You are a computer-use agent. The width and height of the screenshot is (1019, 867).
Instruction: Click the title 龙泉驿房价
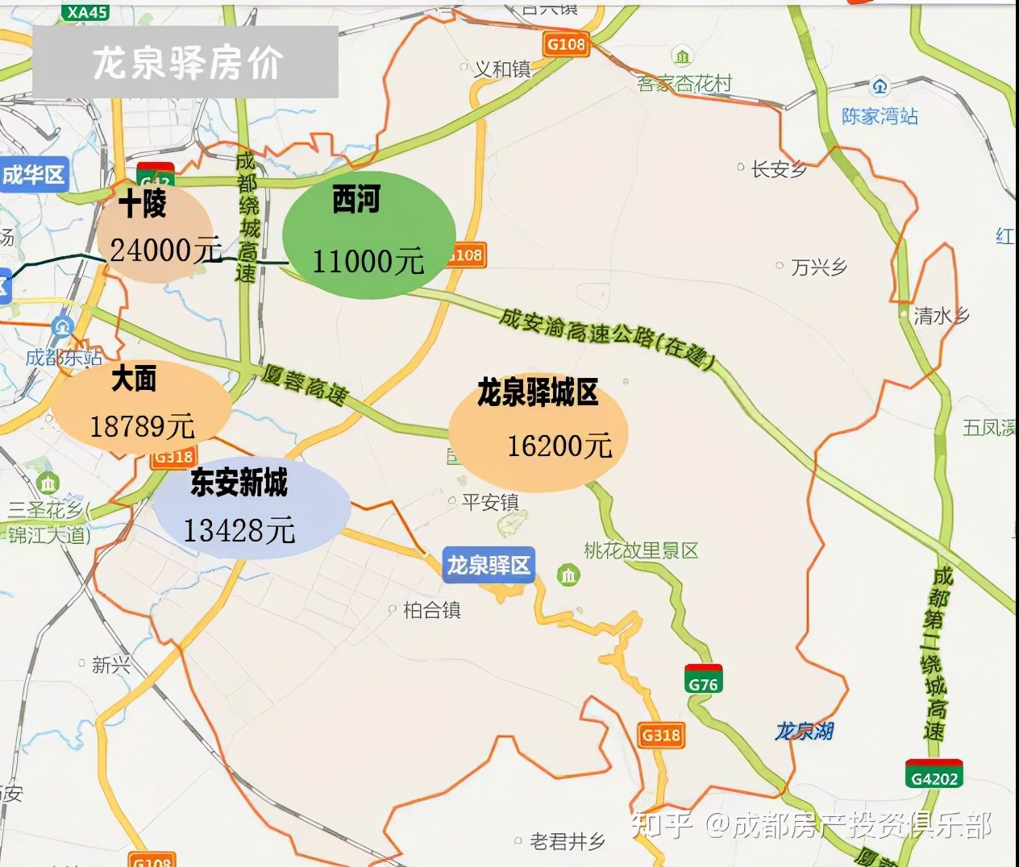coord(187,63)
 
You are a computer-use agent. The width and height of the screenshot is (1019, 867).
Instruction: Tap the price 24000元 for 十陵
coord(166,251)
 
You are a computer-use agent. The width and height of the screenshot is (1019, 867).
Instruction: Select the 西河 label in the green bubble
coord(356,200)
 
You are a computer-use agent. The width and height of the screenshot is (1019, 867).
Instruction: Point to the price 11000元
coord(368,261)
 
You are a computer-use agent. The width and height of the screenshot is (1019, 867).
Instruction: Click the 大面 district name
coord(134,378)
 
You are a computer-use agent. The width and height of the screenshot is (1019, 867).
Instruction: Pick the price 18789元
coord(142,425)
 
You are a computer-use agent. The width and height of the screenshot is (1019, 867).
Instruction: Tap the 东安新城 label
coord(239,483)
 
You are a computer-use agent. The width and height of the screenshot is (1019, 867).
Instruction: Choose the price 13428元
coord(239,530)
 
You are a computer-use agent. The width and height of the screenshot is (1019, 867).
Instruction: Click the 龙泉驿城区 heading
coord(538,393)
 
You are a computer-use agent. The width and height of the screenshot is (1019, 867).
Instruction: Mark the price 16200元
coord(559,445)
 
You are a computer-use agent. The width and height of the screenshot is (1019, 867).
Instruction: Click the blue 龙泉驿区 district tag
coord(489,565)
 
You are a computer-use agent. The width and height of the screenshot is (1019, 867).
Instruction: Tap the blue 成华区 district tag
coord(33,174)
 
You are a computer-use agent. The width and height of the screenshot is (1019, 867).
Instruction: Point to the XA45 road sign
coord(87,11)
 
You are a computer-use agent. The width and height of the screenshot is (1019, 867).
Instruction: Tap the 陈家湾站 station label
coord(880,116)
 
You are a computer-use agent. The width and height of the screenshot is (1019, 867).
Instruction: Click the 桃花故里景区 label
coord(641,551)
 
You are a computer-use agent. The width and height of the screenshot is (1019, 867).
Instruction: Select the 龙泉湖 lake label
coord(804,731)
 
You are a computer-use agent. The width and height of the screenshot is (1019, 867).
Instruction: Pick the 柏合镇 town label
coord(432,611)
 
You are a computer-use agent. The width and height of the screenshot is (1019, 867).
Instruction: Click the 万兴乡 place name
coord(818,267)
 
